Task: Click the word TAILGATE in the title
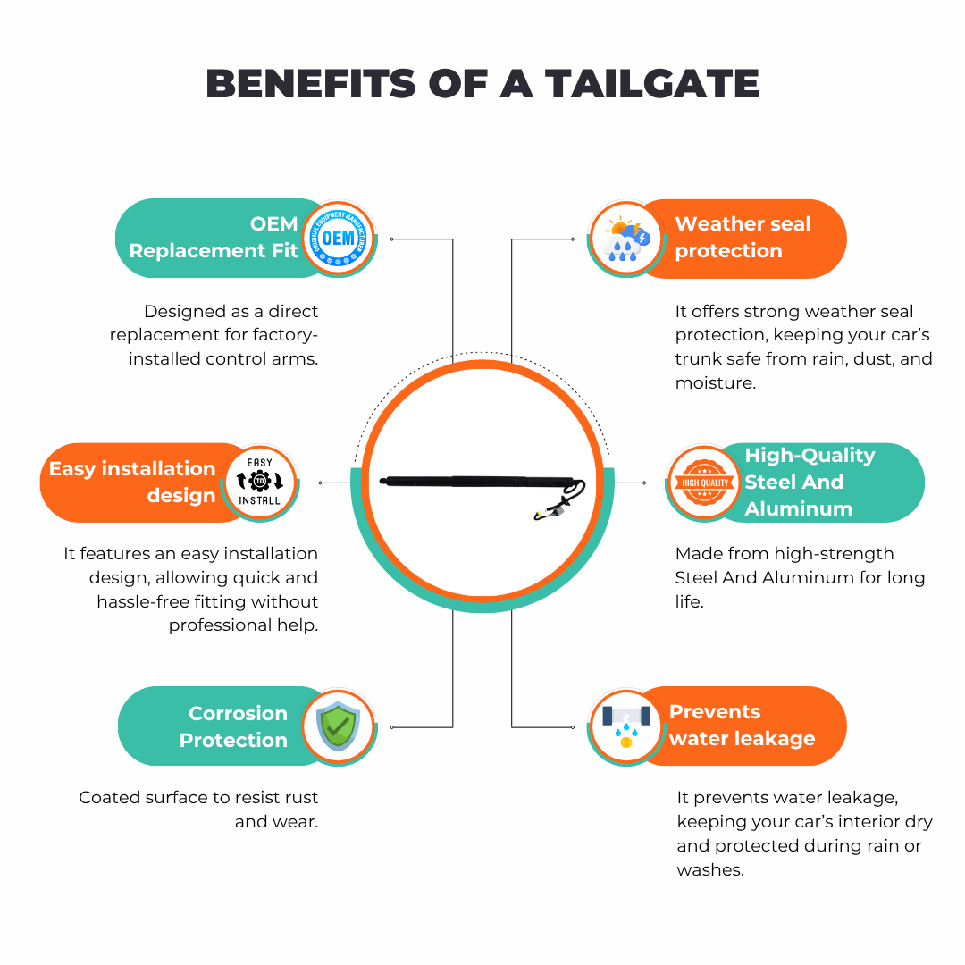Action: pos(651,84)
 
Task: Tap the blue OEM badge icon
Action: pos(339,239)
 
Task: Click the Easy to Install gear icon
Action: pos(260,482)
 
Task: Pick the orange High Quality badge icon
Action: pos(705,482)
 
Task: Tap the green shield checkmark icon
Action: pos(338,726)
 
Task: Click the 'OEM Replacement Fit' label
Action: pos(214,237)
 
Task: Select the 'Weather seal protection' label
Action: pos(743,237)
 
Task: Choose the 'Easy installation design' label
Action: pos(132,482)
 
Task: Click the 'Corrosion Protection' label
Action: pos(233,726)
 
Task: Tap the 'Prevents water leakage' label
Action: pos(743,725)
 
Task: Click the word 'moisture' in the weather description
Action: pos(715,382)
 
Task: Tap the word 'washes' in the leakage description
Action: pos(710,869)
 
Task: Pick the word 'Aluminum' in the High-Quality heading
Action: pos(798,509)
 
